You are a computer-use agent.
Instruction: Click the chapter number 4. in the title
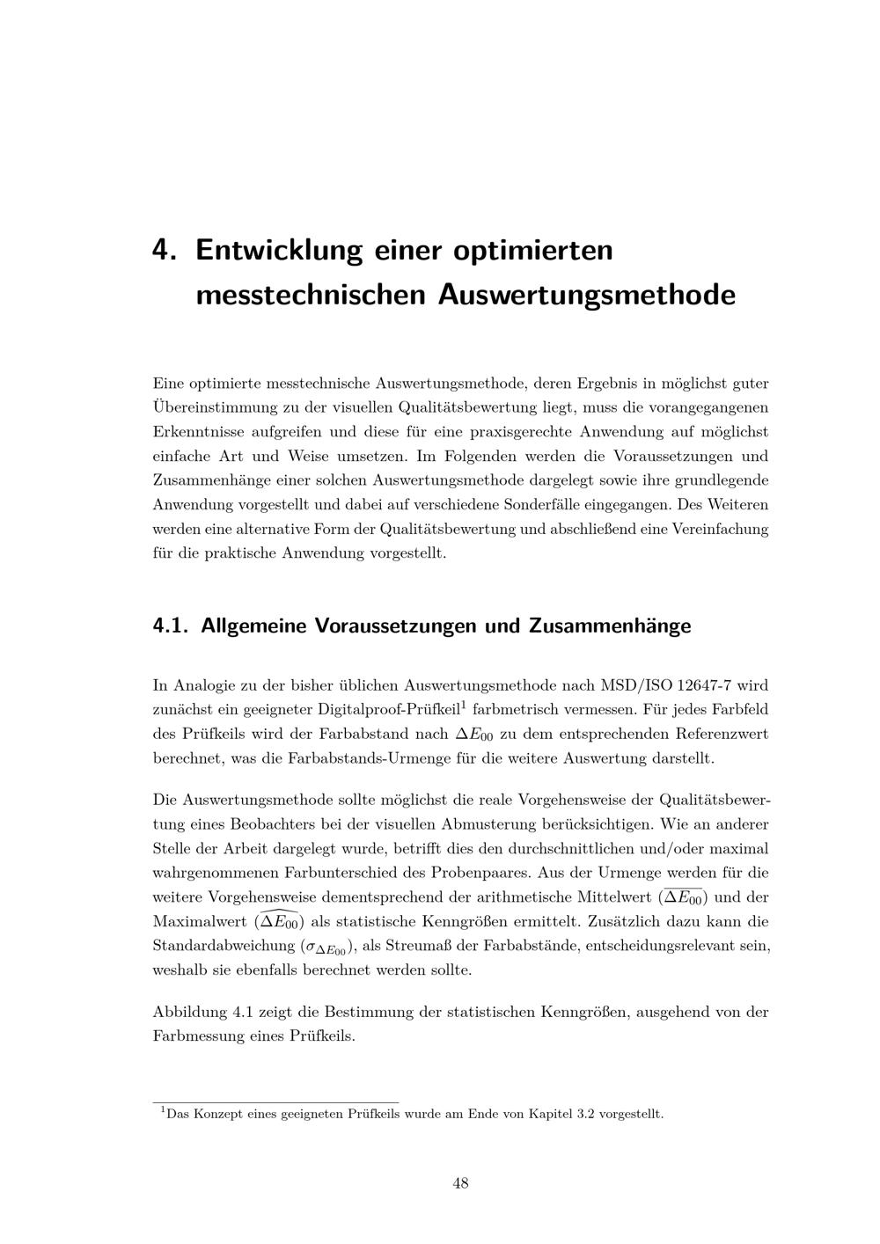coord(165,250)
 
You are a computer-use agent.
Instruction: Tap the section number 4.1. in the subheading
coord(172,626)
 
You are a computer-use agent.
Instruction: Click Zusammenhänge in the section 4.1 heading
coord(610,626)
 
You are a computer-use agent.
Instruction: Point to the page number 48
coord(460,1183)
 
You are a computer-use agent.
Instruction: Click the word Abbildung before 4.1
coord(189,1012)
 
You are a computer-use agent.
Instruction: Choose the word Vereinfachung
coord(721,530)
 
